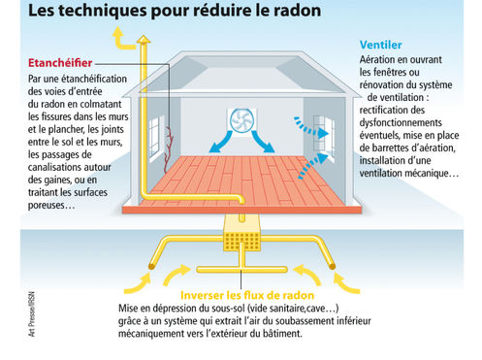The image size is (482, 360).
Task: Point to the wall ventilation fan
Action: pyautogui.click(x=242, y=121)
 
